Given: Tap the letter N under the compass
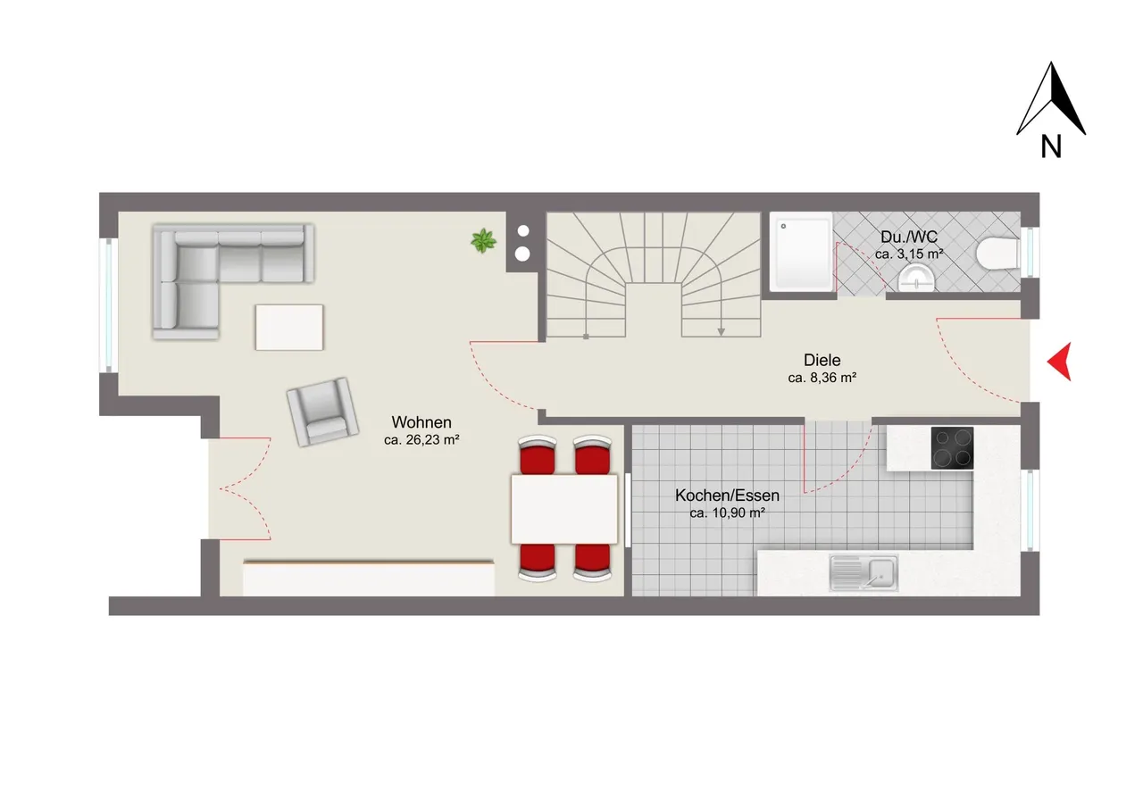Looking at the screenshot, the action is pyautogui.click(x=1051, y=147).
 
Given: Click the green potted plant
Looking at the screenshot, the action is pyautogui.click(x=483, y=241).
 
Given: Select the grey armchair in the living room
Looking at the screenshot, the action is pyautogui.click(x=322, y=412).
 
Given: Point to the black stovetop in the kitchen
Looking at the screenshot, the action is pyautogui.click(x=952, y=448).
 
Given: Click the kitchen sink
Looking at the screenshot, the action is pyautogui.click(x=864, y=573).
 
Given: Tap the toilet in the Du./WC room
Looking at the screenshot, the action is pyautogui.click(x=998, y=254).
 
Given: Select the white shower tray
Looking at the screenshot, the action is pyautogui.click(x=801, y=252).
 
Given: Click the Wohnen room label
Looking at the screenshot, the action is pyautogui.click(x=421, y=422).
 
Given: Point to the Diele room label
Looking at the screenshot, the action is pyautogui.click(x=822, y=360).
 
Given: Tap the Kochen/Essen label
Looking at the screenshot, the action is pyautogui.click(x=727, y=496).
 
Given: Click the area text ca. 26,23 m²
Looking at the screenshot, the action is pyautogui.click(x=421, y=439).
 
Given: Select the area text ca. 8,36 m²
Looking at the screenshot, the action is pyautogui.click(x=822, y=378).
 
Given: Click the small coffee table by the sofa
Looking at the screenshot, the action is pyautogui.click(x=289, y=328).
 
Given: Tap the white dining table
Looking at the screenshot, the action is pyautogui.click(x=564, y=509).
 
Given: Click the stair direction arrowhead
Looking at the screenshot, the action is pyautogui.click(x=721, y=331).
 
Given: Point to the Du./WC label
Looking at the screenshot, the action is pyautogui.click(x=909, y=237).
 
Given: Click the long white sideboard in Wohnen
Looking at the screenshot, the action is pyautogui.click(x=369, y=578).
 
